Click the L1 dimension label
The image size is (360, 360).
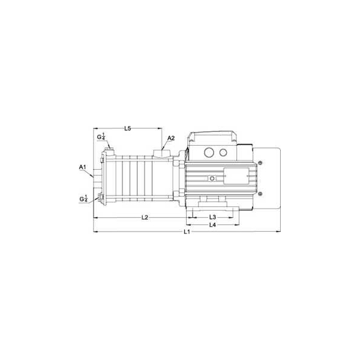point(187,232)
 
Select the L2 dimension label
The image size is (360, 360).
point(145,217)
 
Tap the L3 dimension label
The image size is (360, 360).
point(212,217)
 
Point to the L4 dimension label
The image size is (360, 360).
point(212,225)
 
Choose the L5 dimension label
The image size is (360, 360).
point(127,128)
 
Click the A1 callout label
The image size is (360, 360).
point(82,167)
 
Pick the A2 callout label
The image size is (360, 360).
point(171,138)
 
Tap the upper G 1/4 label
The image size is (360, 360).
point(101,136)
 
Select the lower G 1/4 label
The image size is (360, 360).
point(83,199)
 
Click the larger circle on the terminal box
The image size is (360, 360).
point(209,152)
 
